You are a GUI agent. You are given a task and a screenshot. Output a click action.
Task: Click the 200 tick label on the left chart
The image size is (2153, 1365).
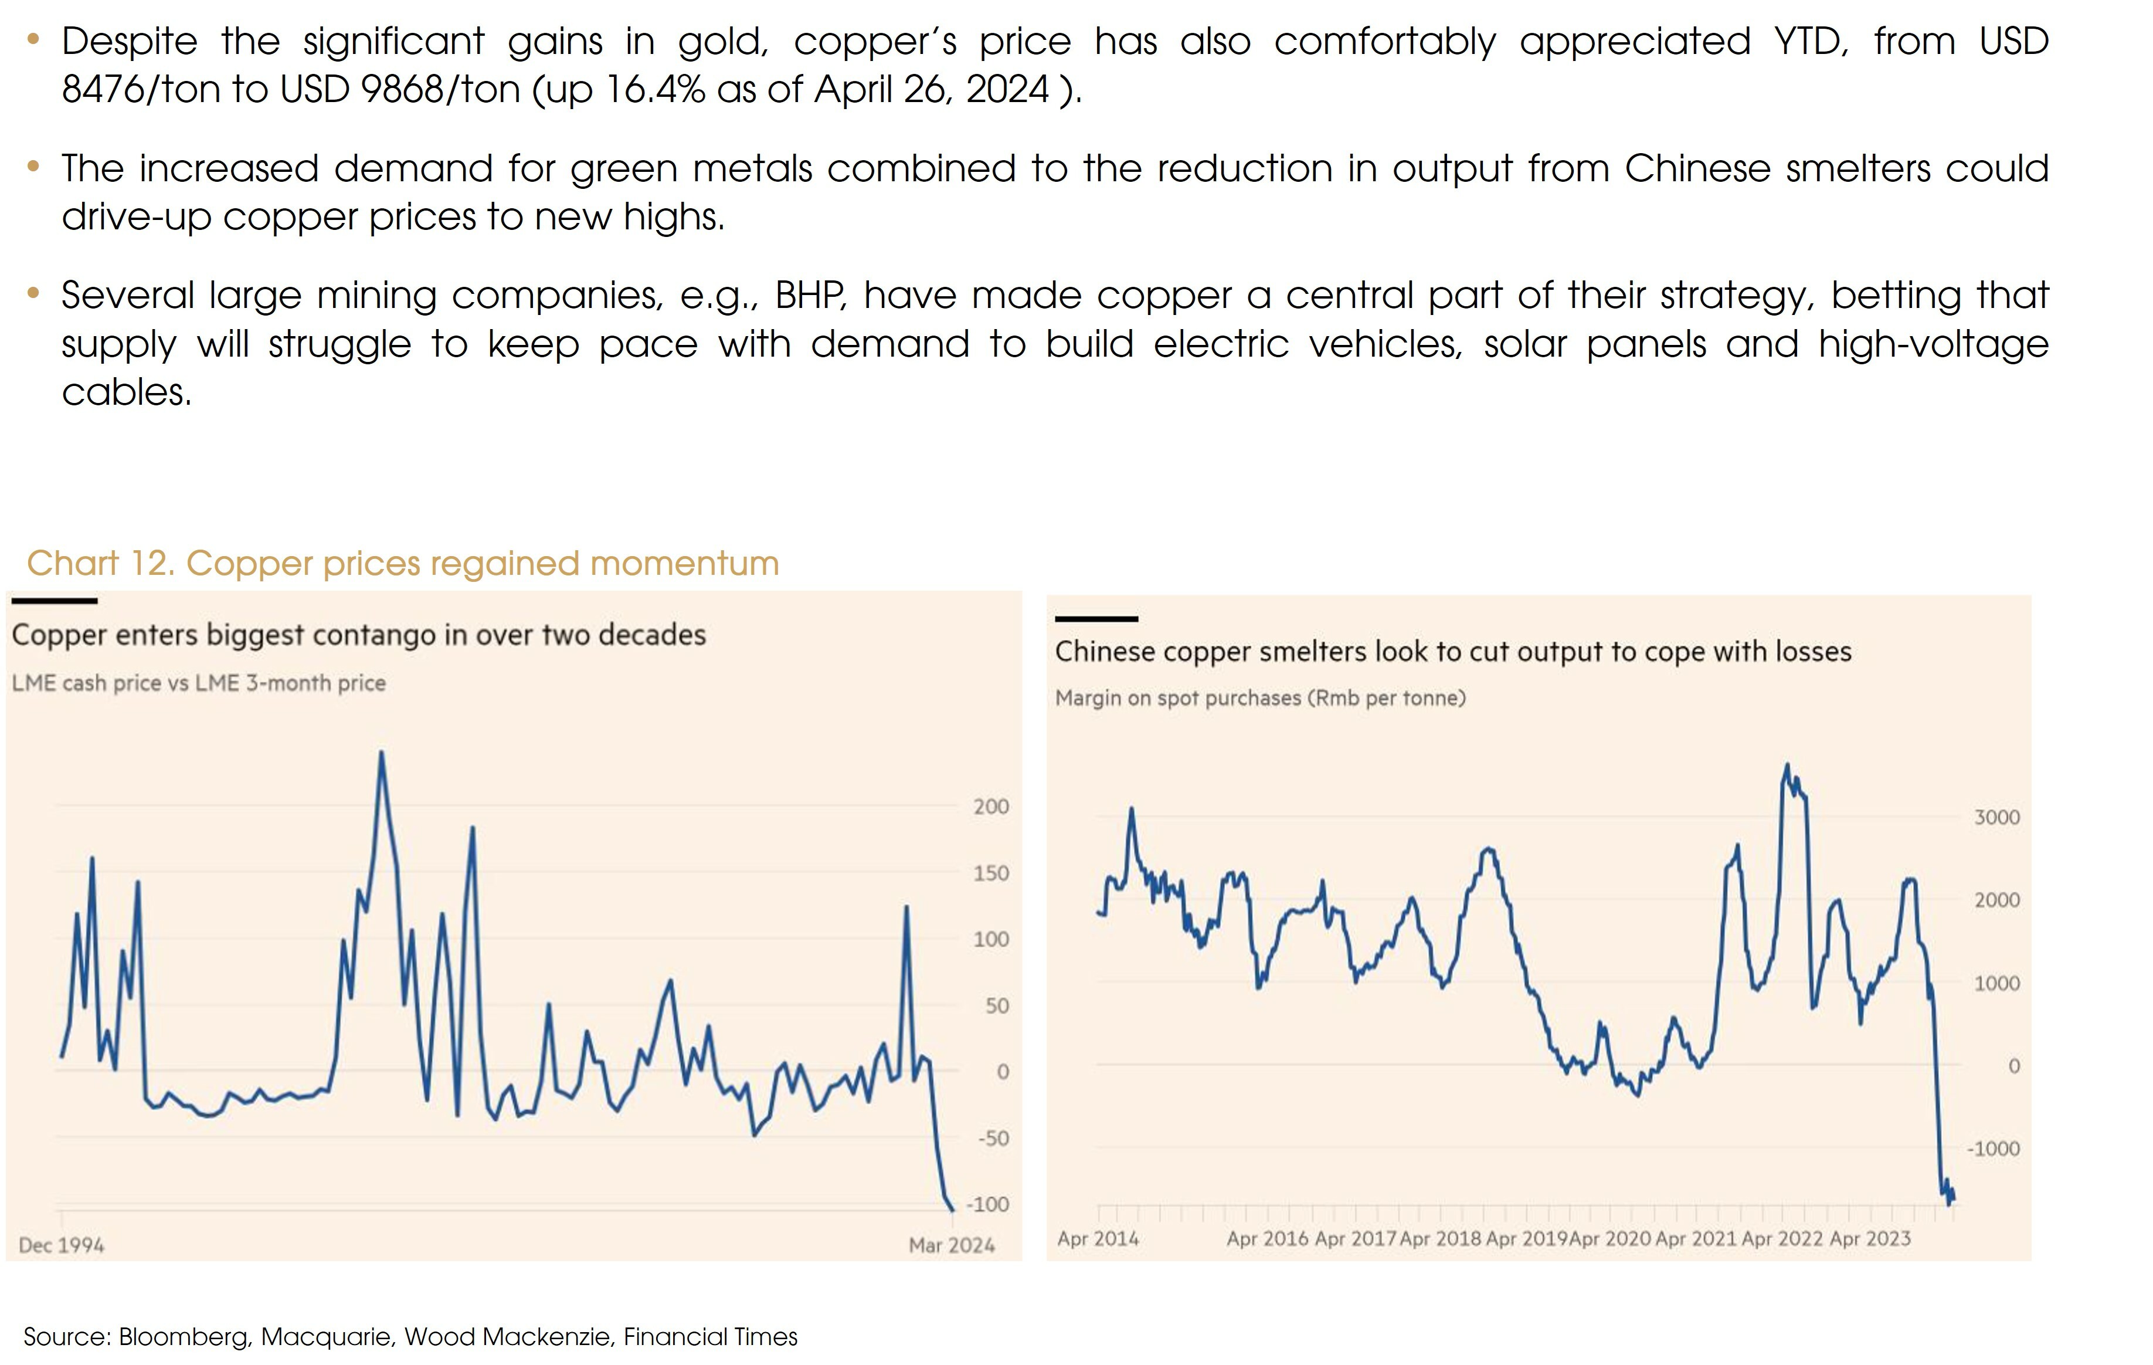click(x=991, y=807)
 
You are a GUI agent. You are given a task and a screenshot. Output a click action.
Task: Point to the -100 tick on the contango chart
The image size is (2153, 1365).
click(x=987, y=1205)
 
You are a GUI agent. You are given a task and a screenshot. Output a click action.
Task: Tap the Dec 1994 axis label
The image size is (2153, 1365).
click(x=61, y=1245)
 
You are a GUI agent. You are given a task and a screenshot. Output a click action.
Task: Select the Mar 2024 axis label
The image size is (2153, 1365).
click(x=952, y=1245)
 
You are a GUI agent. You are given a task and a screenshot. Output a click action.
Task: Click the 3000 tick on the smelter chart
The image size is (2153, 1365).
click(x=1996, y=818)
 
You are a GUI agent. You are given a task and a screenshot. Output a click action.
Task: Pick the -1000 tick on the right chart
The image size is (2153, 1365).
click(x=1993, y=1149)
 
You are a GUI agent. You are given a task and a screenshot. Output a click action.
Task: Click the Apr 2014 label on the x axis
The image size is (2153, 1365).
click(x=1098, y=1239)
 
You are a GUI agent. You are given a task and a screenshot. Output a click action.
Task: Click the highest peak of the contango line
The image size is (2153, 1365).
click(x=382, y=753)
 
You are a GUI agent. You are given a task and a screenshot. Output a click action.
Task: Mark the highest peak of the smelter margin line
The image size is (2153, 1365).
click(x=1787, y=766)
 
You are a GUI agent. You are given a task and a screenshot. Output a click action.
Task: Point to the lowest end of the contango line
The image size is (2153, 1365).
click(x=952, y=1210)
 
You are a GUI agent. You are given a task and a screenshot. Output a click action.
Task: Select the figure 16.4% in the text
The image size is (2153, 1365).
click(x=654, y=89)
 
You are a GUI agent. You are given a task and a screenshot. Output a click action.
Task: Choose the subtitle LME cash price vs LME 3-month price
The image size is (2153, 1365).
click(x=199, y=683)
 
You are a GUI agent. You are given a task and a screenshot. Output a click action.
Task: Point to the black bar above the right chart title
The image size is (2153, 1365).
click(x=1096, y=619)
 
